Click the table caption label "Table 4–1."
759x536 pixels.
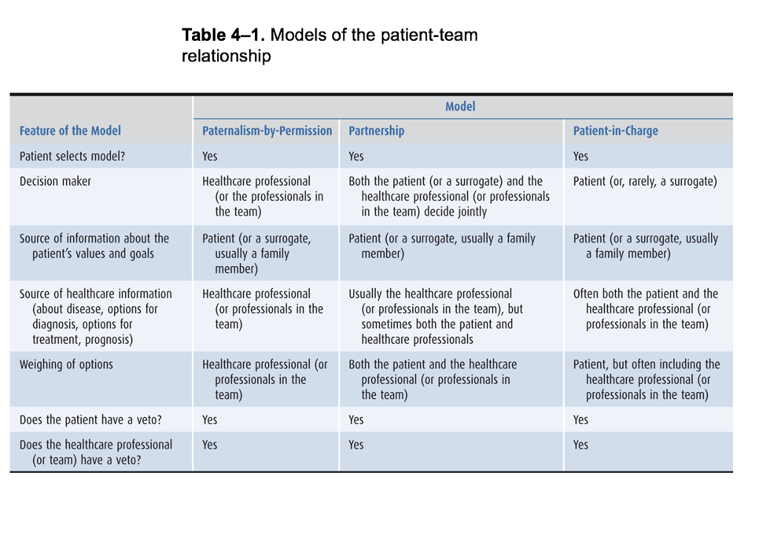point(223,35)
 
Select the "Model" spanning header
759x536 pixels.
point(460,107)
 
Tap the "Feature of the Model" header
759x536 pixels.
point(70,130)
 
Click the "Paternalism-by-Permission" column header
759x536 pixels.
point(267,130)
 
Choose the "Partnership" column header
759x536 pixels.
point(377,130)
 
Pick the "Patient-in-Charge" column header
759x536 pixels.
point(615,130)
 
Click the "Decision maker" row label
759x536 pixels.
point(56,181)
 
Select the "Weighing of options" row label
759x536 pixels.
point(66,364)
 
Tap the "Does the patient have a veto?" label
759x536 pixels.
point(90,420)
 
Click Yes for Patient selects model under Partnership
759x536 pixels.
point(357,156)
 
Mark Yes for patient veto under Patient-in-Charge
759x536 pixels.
point(581,420)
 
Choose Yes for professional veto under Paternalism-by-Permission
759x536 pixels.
point(210,445)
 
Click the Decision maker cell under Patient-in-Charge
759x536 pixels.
point(645,181)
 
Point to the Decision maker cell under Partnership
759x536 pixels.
point(448,196)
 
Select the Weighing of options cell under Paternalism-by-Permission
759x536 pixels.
point(265,379)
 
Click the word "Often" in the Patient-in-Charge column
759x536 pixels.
point(586,294)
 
